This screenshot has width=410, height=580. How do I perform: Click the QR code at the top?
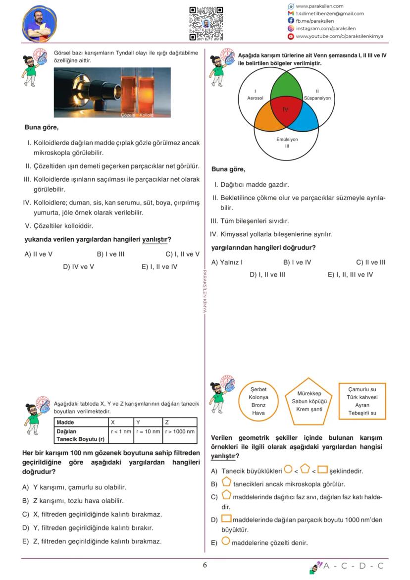point(206,23)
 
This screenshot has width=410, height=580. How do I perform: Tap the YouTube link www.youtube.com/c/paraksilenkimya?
point(339,36)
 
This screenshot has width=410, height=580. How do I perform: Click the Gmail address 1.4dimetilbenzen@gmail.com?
point(329,14)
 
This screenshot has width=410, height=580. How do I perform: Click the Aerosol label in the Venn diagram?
point(255,98)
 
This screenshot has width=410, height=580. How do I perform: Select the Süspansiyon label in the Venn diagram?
point(317,98)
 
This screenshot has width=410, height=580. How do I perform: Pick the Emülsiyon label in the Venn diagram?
point(287,139)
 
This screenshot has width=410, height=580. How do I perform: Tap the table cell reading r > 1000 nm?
point(180,431)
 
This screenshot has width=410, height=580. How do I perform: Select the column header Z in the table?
point(167,422)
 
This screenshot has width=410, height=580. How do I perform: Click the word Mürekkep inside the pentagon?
point(309,393)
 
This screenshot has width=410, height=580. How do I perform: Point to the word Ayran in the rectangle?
point(361,405)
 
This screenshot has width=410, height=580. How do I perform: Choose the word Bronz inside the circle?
point(258,405)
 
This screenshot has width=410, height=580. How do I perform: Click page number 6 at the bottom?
point(205,565)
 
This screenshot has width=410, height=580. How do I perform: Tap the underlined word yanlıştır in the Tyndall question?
point(154,239)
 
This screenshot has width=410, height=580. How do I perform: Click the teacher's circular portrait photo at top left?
point(40,24)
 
